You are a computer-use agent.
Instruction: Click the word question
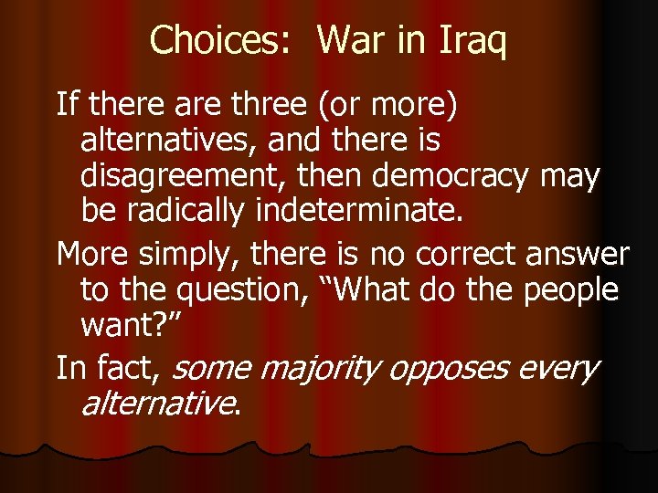tap(278, 290)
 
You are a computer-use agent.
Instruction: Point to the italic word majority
tap(313, 369)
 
